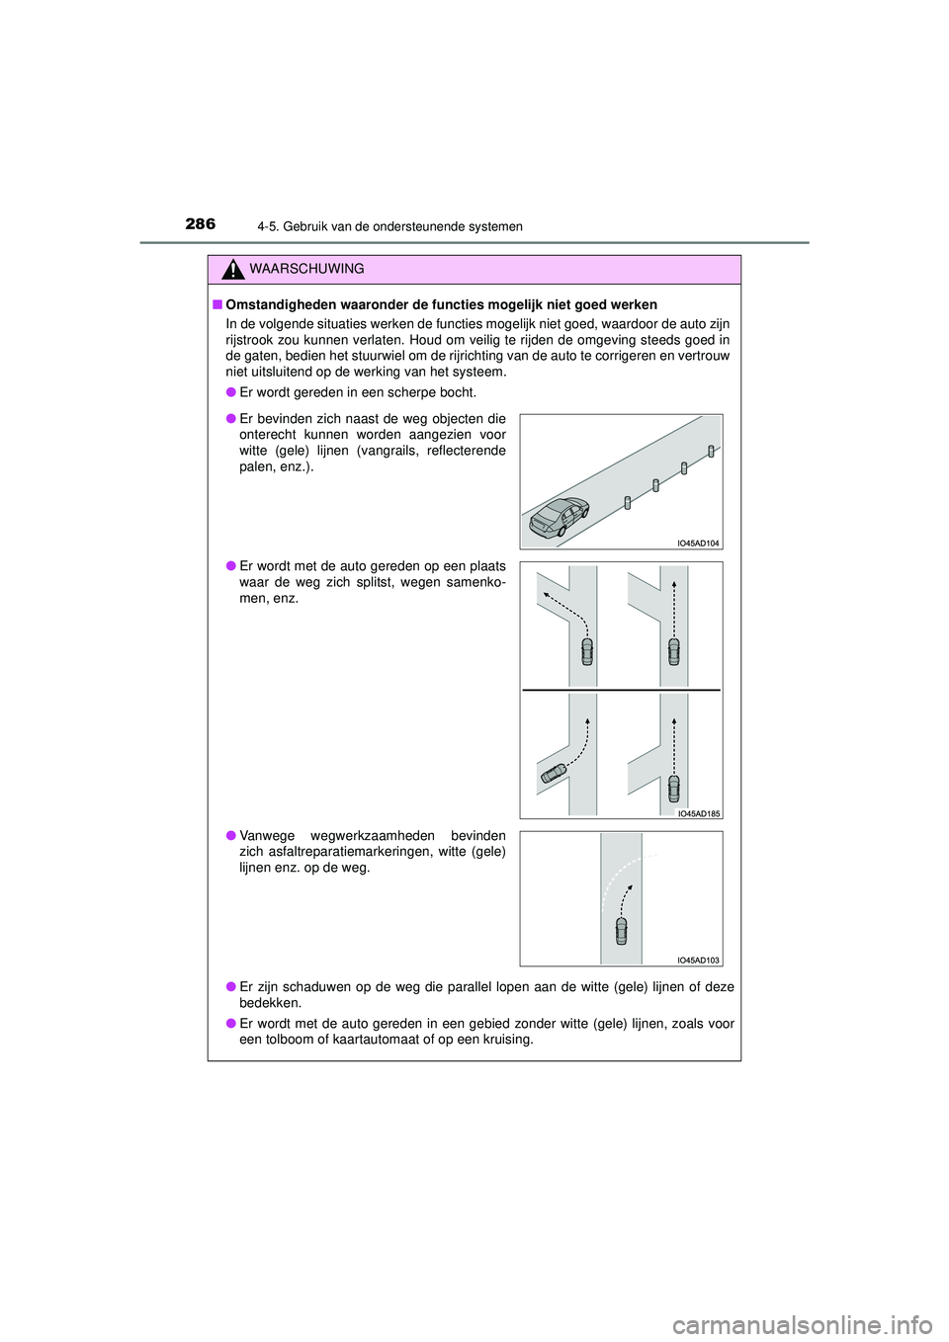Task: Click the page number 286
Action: pos(200,224)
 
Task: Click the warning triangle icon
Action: pos(232,270)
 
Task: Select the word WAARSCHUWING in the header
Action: pos(306,269)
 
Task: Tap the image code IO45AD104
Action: pos(698,543)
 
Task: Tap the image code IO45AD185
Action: pos(698,813)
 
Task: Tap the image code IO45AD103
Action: pos(698,960)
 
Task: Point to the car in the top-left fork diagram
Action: pos(587,651)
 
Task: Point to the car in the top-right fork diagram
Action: pos(674,651)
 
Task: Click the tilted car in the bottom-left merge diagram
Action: pos(553,774)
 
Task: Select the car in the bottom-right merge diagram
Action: pos(674,788)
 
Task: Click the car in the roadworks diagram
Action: pos(621,931)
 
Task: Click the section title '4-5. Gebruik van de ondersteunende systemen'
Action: pos(389,226)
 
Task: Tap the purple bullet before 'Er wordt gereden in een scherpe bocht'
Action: pos(231,392)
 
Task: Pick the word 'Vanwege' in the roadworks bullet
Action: pos(267,836)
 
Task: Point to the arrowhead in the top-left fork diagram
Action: pos(543,595)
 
